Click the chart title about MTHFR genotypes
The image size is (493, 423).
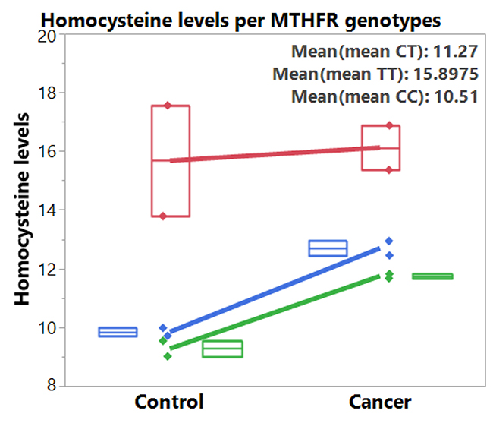(241, 21)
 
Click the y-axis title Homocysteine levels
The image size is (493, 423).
(22, 209)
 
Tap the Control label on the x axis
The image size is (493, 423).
(169, 402)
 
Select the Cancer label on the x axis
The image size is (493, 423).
(380, 402)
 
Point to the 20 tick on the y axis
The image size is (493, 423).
(46, 36)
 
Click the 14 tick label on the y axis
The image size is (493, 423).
(47, 210)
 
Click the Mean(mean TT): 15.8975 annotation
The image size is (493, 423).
(375, 74)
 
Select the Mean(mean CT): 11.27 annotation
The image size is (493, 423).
(385, 52)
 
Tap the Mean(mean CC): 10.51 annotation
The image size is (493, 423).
(385, 96)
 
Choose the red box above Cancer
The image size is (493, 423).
(362, 148)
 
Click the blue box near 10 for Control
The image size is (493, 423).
(118, 327)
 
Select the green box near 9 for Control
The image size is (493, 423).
(222, 341)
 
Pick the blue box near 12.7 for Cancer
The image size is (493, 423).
(328, 241)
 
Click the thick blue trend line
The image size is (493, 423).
(275, 291)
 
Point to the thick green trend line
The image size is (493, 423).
(275, 312)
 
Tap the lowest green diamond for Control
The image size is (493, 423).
(168, 357)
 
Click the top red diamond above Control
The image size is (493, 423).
(168, 106)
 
